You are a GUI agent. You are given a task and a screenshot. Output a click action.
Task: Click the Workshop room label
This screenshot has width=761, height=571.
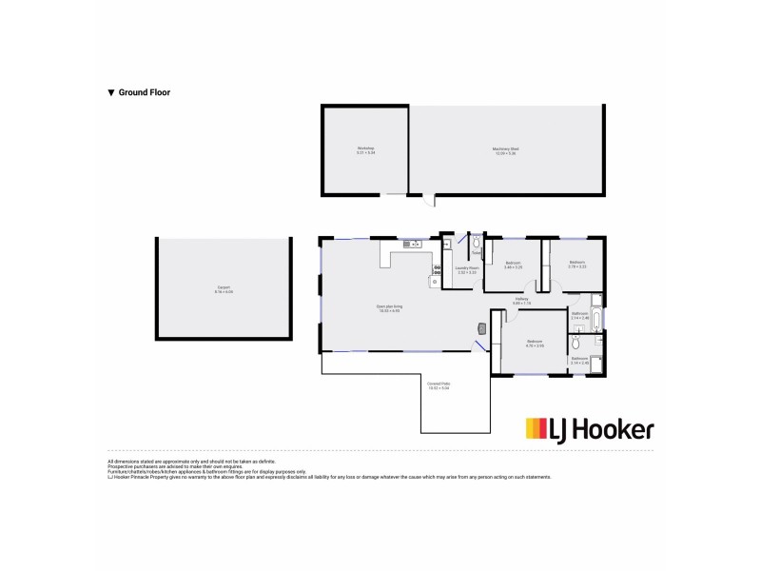click(366, 149)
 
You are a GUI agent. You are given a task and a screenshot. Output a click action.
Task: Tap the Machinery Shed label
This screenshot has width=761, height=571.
click(505, 149)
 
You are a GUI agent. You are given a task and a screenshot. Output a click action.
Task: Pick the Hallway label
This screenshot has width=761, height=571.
click(521, 302)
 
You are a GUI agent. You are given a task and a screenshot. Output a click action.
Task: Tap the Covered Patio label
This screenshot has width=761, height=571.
click(439, 385)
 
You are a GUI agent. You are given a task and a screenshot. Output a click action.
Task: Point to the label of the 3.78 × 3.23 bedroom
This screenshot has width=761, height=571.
click(577, 265)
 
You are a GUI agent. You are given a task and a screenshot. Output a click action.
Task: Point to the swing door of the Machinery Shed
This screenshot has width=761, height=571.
click(429, 202)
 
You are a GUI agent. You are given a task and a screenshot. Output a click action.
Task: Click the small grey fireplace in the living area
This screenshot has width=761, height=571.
click(481, 328)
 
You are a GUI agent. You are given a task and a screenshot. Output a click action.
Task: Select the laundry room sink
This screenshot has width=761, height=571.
click(447, 244)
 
